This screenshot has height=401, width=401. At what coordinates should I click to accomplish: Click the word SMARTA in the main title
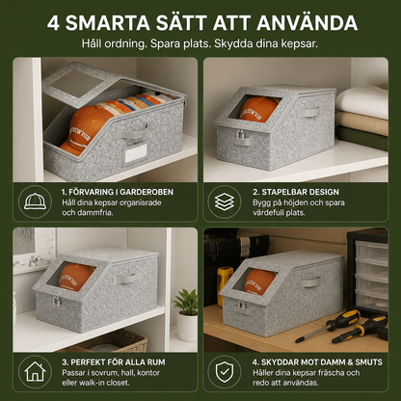[x=108, y=23]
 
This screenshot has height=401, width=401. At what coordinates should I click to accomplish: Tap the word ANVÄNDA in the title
[x=307, y=22]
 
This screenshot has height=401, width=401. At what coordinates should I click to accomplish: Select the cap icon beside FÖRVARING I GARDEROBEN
[x=35, y=201]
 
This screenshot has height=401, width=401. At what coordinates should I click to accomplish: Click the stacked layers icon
[x=225, y=201]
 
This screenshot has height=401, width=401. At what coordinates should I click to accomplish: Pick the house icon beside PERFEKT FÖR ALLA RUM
[x=35, y=372]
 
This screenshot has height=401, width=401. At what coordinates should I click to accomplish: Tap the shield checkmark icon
[x=225, y=372]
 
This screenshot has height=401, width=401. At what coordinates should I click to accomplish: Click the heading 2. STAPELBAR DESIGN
[x=296, y=192]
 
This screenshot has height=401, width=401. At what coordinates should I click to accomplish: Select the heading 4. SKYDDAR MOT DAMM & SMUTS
[x=317, y=362]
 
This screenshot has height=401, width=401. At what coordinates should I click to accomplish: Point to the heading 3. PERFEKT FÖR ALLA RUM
[x=114, y=362]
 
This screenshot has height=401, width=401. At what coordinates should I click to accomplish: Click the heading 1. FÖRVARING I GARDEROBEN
[x=118, y=192]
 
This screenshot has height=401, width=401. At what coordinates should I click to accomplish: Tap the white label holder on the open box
[x=136, y=153]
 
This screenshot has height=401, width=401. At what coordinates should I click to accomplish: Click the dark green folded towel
[x=361, y=138]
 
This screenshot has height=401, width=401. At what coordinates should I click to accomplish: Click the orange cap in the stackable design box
[x=259, y=110]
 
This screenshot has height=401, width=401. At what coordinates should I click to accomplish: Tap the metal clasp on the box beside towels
[x=241, y=135]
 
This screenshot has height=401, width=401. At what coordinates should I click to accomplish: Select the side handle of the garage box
[x=310, y=283]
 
